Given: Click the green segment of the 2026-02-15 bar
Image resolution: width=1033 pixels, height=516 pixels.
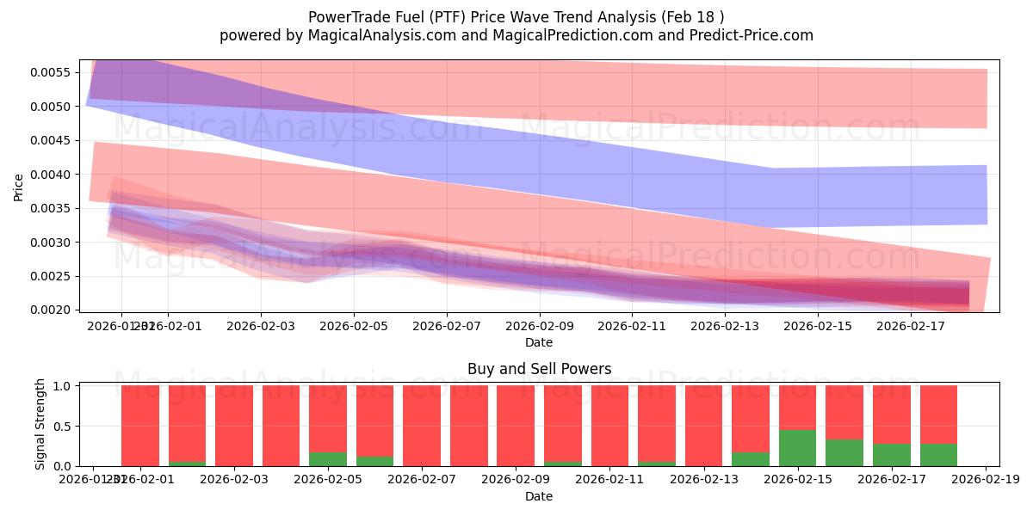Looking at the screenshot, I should coord(797,448).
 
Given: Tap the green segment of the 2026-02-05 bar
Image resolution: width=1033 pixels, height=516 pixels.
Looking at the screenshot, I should coord(328,459).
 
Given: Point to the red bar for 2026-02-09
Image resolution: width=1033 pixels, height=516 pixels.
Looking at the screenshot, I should coord(516,426).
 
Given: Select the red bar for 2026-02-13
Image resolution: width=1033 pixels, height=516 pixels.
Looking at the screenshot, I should coord(703,426).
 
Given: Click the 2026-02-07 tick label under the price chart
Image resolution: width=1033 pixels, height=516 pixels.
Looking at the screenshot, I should coord(447,326).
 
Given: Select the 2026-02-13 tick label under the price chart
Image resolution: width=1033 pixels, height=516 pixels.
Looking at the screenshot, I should coord(726,326).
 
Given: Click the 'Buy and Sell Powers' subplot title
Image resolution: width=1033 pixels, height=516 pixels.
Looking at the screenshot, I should coord(539,369).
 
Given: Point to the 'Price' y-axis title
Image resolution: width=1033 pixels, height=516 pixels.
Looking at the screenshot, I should coord(19,187).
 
